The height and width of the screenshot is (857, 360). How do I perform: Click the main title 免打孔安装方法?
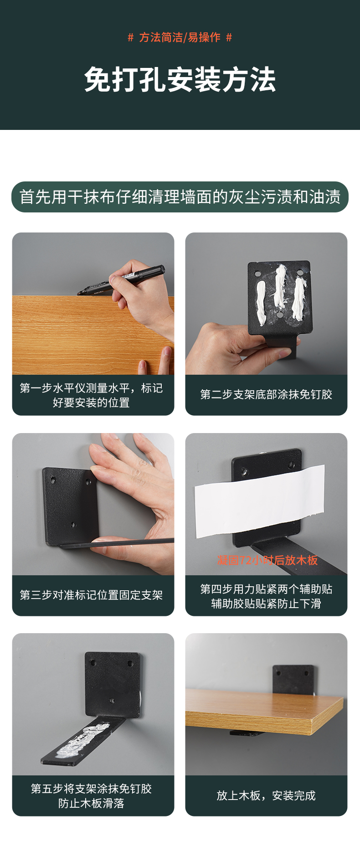[180, 80]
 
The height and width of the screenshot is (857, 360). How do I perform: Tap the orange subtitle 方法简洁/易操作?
[180, 37]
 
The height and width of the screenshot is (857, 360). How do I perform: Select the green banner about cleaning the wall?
[180, 197]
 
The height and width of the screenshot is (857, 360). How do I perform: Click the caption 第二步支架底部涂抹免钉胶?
[266, 394]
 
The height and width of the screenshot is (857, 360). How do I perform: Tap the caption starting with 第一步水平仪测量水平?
[91, 395]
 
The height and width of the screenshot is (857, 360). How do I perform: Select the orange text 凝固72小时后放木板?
[267, 560]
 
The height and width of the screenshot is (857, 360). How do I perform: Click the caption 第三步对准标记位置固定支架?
[91, 595]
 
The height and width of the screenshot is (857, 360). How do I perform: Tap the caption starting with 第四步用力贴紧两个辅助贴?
[266, 596]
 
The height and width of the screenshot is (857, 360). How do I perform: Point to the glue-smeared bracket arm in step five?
[82, 741]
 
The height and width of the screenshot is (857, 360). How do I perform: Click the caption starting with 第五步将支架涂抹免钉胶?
[91, 796]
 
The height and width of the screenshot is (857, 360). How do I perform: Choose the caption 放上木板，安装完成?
[266, 795]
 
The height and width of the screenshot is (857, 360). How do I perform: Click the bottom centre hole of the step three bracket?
[73, 525]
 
